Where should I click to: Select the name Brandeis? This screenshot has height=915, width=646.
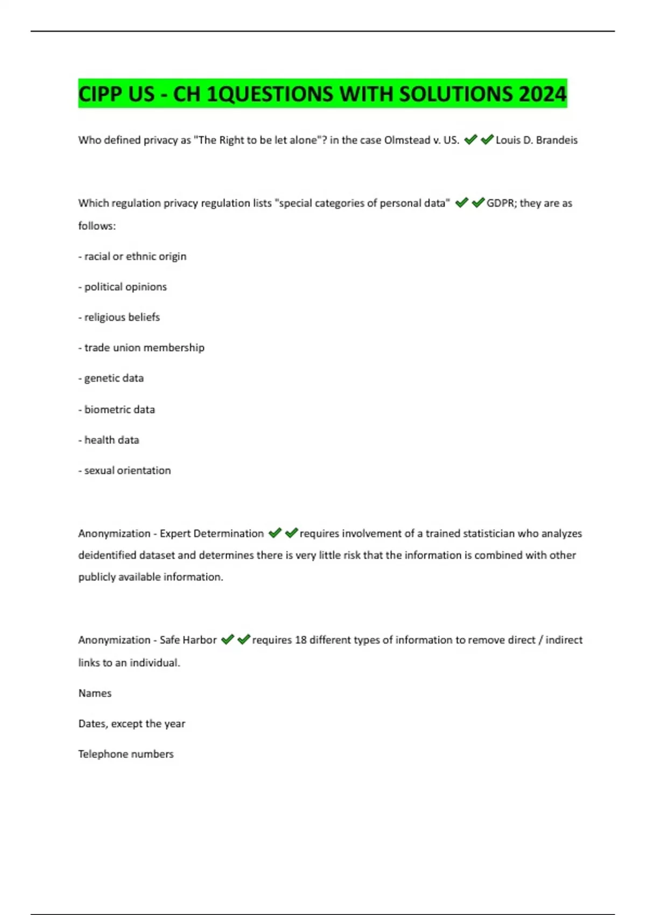coord(557,140)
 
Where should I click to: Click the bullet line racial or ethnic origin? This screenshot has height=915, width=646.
coord(132,256)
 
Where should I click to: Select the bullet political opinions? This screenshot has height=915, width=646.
coord(123,287)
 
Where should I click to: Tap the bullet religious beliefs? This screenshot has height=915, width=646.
coord(120,317)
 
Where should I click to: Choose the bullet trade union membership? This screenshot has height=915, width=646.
coord(142,348)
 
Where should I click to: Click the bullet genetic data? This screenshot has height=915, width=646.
coord(111,378)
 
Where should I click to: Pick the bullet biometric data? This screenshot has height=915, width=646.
coord(117,409)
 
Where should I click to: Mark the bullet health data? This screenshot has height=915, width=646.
coord(109,440)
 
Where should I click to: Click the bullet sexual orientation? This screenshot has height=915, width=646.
coord(125,470)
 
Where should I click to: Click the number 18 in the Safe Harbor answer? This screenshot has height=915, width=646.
coord(300,640)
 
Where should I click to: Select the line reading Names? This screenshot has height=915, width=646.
coord(95,693)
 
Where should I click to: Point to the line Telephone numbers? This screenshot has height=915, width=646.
coord(126,754)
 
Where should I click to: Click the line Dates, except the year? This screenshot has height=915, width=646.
coord(132,724)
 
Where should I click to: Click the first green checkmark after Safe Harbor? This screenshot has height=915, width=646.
coord(227,639)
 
